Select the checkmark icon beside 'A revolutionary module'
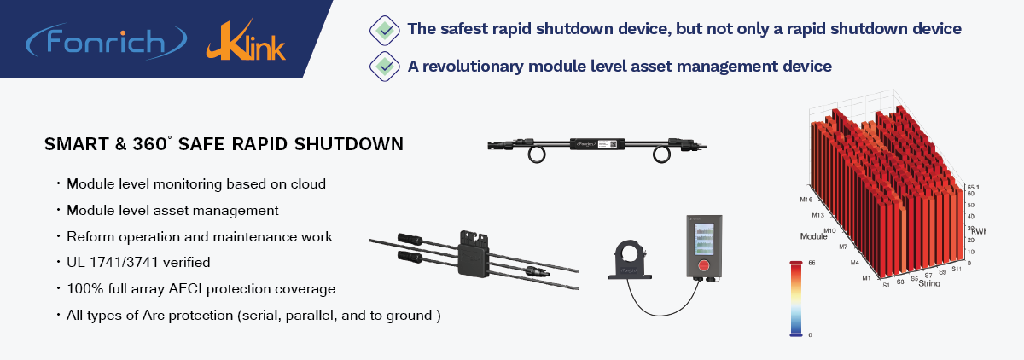pyautogui.click(x=386, y=65)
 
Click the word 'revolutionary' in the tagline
pyautogui.click(x=477, y=65)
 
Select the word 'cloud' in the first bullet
pyautogui.click(x=307, y=183)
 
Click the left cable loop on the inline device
pyautogui.click(x=537, y=154)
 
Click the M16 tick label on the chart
pyautogui.click(x=805, y=200)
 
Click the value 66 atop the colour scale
pyautogui.click(x=811, y=264)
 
